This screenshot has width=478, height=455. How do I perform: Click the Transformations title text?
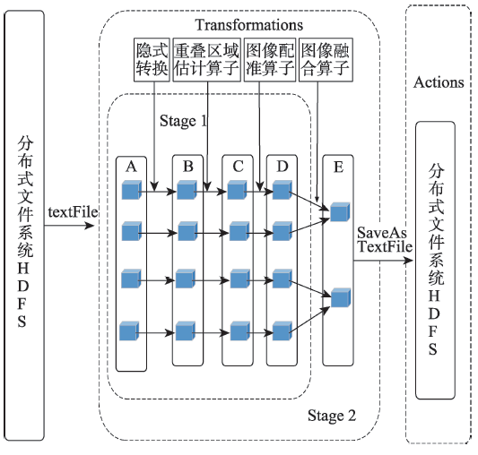248,25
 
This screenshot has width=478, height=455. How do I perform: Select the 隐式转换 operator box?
152,60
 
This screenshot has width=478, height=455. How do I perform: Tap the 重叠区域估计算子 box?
206,60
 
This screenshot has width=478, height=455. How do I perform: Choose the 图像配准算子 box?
270,60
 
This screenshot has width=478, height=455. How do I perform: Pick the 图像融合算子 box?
326,60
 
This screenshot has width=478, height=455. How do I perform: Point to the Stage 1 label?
184,121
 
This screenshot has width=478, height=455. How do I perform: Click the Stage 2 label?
332,416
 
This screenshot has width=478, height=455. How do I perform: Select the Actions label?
439,82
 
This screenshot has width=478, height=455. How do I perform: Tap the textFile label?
73,212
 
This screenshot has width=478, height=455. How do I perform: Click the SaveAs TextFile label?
385,240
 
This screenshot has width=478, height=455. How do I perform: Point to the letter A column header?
132,167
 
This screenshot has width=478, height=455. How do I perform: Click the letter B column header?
188,167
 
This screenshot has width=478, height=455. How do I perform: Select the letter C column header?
238,167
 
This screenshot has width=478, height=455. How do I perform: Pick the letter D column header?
282,167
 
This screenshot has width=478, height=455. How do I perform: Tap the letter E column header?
338,167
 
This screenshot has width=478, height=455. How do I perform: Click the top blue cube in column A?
132,190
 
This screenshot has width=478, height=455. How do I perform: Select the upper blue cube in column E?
340,211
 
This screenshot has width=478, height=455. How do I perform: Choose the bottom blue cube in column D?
282,331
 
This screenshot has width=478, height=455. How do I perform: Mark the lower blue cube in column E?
341,297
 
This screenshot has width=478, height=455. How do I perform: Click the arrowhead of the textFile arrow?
91,226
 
